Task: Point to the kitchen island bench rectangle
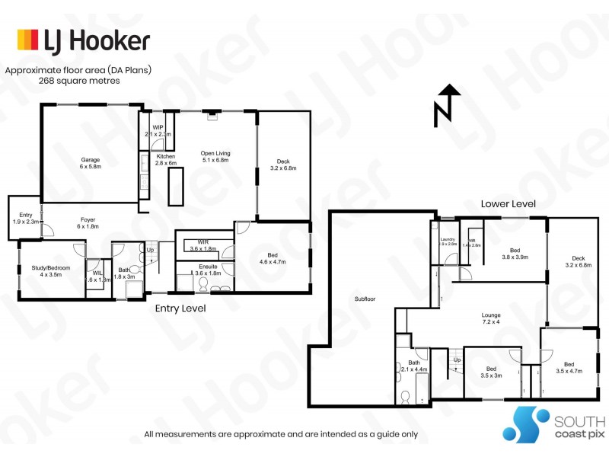pyautogui.click(x=177, y=187)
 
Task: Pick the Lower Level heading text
pyautogui.click(x=508, y=204)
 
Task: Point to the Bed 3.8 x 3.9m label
pyautogui.click(x=515, y=254)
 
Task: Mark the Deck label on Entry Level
pyautogui.click(x=283, y=165)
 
